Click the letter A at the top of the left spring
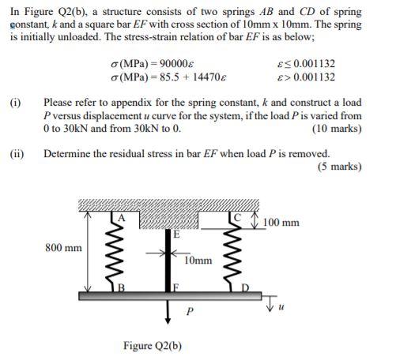click(x=122, y=217)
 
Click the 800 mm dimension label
click(x=63, y=248)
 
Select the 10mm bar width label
click(x=197, y=259)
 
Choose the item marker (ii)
click(x=17, y=153)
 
